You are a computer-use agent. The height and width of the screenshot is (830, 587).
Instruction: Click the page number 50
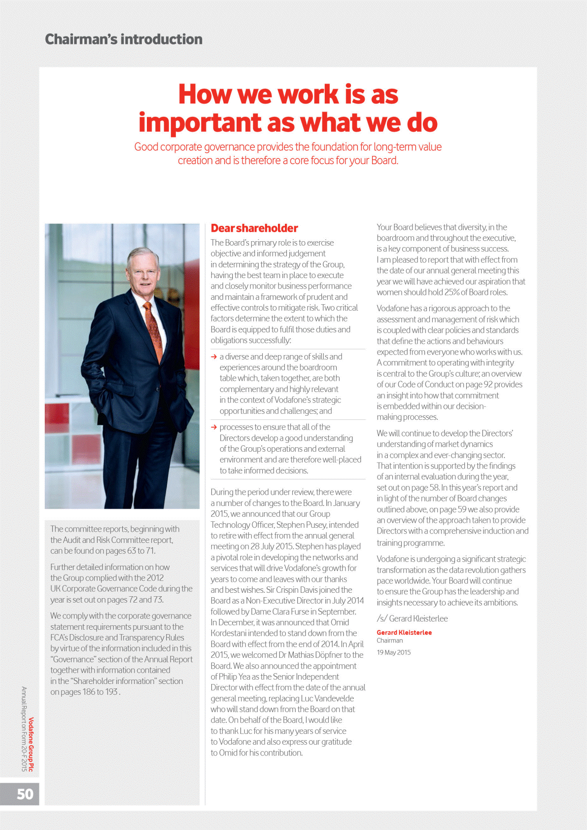(25, 794)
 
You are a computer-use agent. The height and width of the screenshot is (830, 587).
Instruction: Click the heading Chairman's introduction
(124, 39)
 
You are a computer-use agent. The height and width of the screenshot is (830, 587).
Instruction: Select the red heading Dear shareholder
(254, 228)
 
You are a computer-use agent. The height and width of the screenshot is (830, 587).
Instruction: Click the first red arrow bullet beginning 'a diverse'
(214, 357)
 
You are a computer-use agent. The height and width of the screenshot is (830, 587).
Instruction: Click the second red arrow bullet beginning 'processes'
(214, 427)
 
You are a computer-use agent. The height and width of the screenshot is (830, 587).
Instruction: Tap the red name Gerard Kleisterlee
(404, 633)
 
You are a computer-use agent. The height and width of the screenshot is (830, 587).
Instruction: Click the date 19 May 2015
(394, 652)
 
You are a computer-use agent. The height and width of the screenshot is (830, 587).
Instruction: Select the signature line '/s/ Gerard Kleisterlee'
(412, 618)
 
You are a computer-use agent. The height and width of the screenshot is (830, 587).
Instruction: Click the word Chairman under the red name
(390, 641)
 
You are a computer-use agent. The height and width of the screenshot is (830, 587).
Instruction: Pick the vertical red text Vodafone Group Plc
(31, 744)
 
